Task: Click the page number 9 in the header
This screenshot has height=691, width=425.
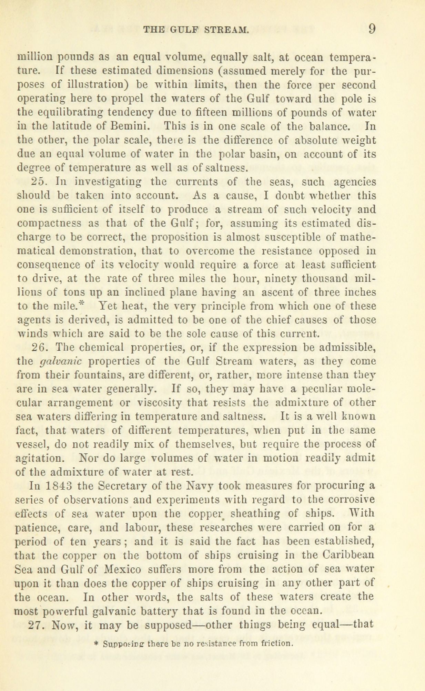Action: tap(371, 29)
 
